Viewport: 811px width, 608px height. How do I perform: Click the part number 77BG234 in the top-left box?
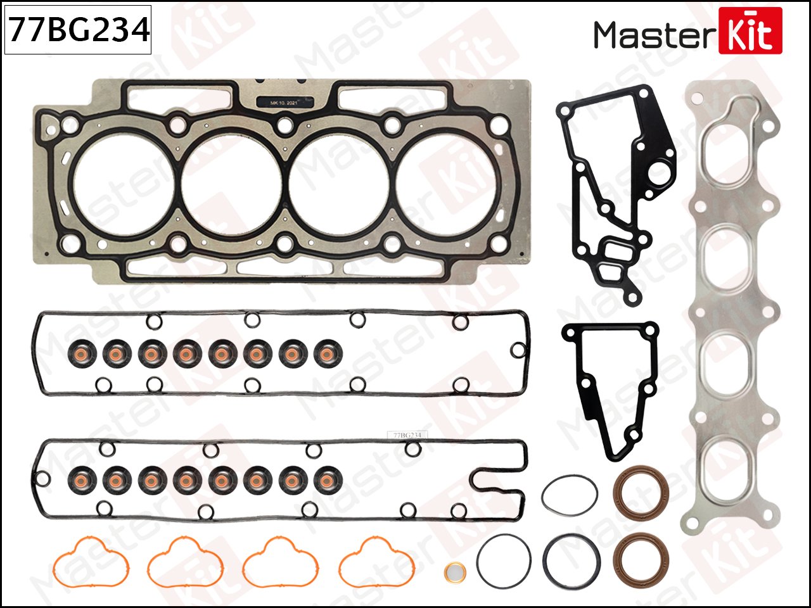78,29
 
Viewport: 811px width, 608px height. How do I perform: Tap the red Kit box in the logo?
751,32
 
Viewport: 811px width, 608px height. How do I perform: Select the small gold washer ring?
454,572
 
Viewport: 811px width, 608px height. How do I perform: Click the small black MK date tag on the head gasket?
284,102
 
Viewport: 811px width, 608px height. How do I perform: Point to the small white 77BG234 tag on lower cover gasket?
407,435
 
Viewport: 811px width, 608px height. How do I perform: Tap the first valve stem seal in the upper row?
81,353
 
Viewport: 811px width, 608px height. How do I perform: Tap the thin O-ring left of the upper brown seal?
570,495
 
